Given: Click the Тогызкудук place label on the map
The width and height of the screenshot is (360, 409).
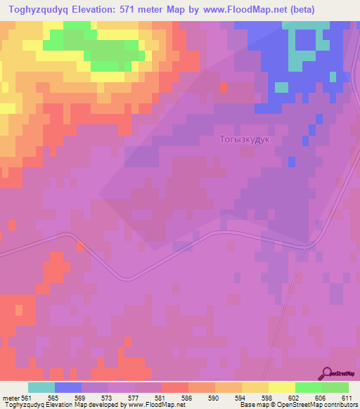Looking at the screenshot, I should pyautogui.click(x=246, y=140).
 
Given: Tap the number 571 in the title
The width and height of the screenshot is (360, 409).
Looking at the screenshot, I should pyautogui.click(x=132, y=9).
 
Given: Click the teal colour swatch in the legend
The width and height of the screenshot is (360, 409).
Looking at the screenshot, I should pyautogui.click(x=41, y=387).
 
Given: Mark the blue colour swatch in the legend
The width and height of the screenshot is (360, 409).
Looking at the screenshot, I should pyautogui.click(x=68, y=387).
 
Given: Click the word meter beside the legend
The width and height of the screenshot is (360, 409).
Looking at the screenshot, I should pyautogui.click(x=10, y=397).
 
